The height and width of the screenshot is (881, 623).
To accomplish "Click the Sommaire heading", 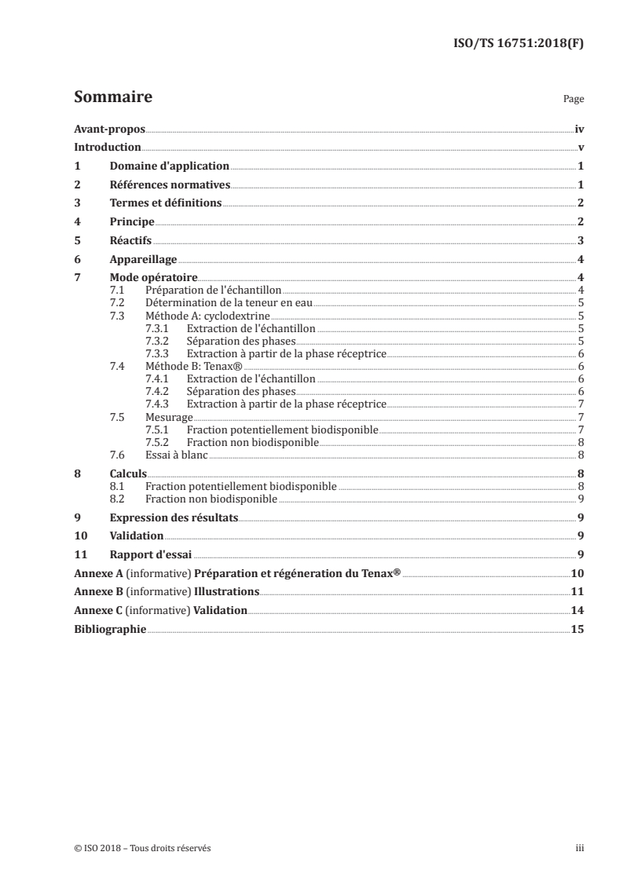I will tap(112, 98).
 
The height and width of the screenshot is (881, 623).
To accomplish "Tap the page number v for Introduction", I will tap(580, 148).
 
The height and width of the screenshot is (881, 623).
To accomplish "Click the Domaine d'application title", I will tap(169, 166).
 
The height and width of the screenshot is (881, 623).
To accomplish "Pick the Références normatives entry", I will tap(170, 185).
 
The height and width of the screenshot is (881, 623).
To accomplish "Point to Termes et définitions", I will tap(166, 203).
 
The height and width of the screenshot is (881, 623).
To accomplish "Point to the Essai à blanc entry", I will tap(176, 454).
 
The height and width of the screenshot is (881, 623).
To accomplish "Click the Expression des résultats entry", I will tap(174, 518).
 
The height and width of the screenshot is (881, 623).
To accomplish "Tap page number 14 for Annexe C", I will tap(577, 610).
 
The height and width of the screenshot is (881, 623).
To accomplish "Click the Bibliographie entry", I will tap(109, 629).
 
